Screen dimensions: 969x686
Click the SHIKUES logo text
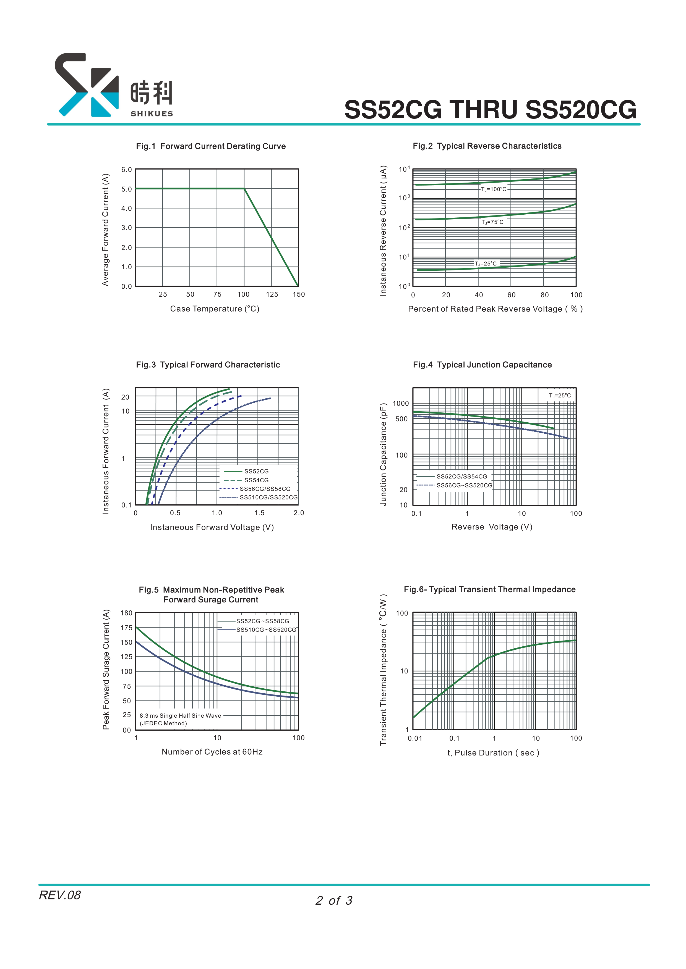coord(152,114)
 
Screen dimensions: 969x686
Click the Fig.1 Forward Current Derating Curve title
coord(211,146)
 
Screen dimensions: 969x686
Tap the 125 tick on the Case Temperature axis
coord(272,294)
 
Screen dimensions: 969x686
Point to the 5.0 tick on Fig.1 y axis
coord(126,189)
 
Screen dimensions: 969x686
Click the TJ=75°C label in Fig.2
coord(492,222)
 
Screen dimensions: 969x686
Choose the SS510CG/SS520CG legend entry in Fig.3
coord(268,497)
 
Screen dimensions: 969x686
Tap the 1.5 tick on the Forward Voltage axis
coord(259,513)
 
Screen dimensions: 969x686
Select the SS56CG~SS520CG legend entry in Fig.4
coord(464,485)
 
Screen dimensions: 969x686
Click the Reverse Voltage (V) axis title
coord(492,527)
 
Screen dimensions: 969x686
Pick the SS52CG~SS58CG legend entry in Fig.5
coord(262,621)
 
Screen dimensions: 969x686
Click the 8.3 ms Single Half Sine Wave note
coord(180,716)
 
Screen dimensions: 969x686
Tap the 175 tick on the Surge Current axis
coord(126,628)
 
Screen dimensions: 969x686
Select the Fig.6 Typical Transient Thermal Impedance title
coord(490,589)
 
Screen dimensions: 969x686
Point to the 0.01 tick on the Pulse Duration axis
coord(415,738)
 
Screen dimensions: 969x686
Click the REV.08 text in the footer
coord(59,895)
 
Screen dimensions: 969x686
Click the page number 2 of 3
coord(334,900)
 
